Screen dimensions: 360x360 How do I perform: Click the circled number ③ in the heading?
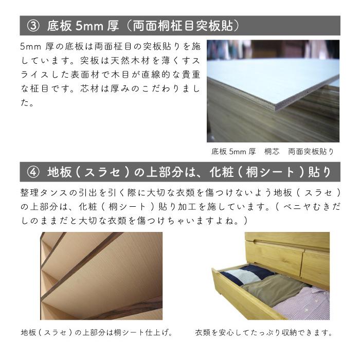tap(31, 25)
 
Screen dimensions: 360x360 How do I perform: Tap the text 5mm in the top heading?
tap(87, 25)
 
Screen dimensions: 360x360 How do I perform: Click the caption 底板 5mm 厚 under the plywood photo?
tap(233, 152)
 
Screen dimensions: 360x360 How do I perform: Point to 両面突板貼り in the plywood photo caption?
tap(311, 152)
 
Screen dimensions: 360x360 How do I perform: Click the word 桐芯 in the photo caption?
tap(272, 152)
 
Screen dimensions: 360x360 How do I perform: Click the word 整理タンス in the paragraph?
tap(41, 192)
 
